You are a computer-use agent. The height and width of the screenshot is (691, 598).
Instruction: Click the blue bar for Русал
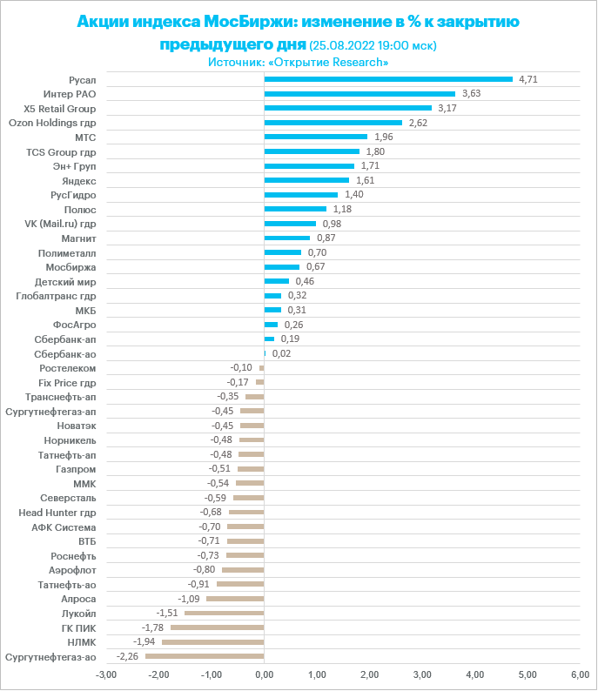tap(388, 79)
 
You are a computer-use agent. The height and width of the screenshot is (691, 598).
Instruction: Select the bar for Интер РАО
tap(359, 94)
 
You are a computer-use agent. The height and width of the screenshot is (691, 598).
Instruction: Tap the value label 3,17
tap(447, 109)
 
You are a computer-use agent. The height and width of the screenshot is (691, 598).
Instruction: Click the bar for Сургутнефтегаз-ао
tap(205, 656)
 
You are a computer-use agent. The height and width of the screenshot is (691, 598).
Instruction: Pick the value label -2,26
tap(128, 656)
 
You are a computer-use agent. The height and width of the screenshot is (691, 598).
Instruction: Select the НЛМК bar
tap(212, 642)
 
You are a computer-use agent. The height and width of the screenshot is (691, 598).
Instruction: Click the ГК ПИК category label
tap(78, 627)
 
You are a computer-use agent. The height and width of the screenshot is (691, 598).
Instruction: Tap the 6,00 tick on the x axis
tap(580, 674)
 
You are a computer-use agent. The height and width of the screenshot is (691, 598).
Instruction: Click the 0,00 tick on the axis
tap(264, 674)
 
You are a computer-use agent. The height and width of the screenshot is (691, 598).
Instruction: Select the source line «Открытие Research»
tap(298, 63)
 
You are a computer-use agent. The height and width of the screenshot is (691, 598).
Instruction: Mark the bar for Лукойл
tap(224, 614)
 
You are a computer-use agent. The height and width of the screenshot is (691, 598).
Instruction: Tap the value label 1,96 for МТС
tap(384, 138)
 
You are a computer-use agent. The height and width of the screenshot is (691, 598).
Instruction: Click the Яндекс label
tap(79, 180)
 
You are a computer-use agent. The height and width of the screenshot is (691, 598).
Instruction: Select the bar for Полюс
tap(295, 209)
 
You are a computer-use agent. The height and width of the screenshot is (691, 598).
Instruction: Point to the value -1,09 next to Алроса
tap(189, 599)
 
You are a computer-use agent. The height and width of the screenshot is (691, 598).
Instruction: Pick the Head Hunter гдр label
tap(57, 513)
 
